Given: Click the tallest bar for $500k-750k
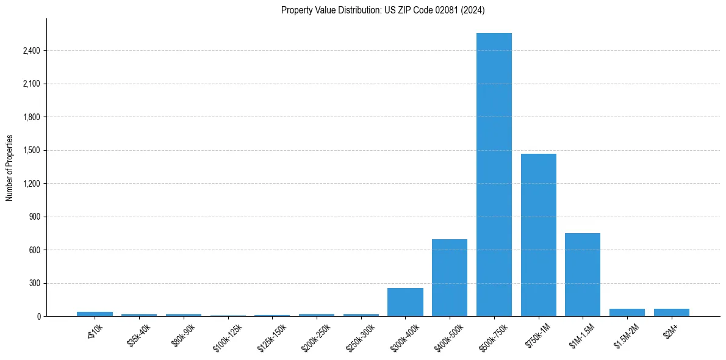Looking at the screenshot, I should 494,175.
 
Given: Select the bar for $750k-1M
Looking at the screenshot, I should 538,235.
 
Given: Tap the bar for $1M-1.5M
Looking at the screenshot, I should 583,275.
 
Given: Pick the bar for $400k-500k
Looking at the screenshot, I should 450,278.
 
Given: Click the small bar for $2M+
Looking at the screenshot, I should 671,312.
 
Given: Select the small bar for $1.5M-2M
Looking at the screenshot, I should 627,312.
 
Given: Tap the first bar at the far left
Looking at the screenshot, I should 95,314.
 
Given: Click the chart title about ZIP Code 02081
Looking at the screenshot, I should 383,10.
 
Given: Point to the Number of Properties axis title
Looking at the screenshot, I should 10,168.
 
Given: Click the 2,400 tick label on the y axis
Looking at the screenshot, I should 31,51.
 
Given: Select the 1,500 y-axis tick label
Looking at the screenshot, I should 31,150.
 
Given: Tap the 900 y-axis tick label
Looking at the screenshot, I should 34,217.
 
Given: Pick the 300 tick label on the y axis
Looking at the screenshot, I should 34,283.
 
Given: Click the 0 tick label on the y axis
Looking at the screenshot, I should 38,316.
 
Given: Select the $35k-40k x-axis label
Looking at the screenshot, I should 138,335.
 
